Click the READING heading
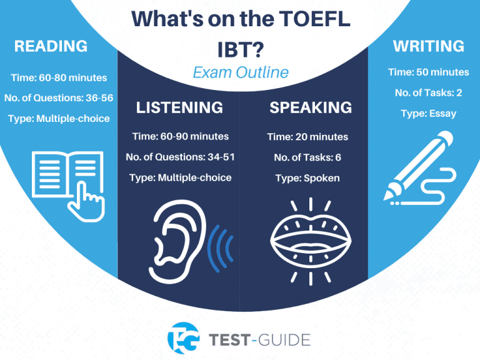(x=51, y=46)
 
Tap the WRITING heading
(x=429, y=46)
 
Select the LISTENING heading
(x=179, y=107)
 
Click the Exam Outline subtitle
(x=241, y=72)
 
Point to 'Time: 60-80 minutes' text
(x=59, y=78)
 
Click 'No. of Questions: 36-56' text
(x=59, y=98)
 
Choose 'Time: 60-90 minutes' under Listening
(x=180, y=136)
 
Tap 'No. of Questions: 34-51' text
(x=180, y=157)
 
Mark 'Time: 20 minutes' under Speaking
(x=307, y=137)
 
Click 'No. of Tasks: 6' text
(x=307, y=157)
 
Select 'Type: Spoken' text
(x=307, y=178)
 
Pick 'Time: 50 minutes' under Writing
(x=429, y=72)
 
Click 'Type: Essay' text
(x=429, y=114)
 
